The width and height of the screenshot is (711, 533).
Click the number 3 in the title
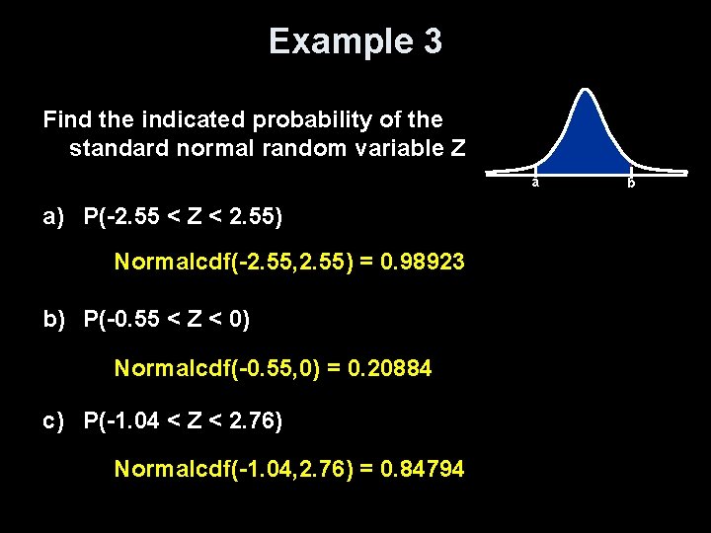[x=432, y=41]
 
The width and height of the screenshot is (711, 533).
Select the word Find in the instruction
[x=66, y=120]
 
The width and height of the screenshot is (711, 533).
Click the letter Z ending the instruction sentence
[x=456, y=149]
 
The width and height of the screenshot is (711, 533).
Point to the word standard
[x=112, y=149]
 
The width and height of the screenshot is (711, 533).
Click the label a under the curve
[x=534, y=183]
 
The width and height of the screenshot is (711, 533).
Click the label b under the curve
[x=631, y=183]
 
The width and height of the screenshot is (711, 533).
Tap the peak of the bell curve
[x=586, y=92]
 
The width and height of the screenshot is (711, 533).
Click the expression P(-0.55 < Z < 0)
[x=167, y=318]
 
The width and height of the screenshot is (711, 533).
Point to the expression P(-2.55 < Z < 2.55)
[x=184, y=214]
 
